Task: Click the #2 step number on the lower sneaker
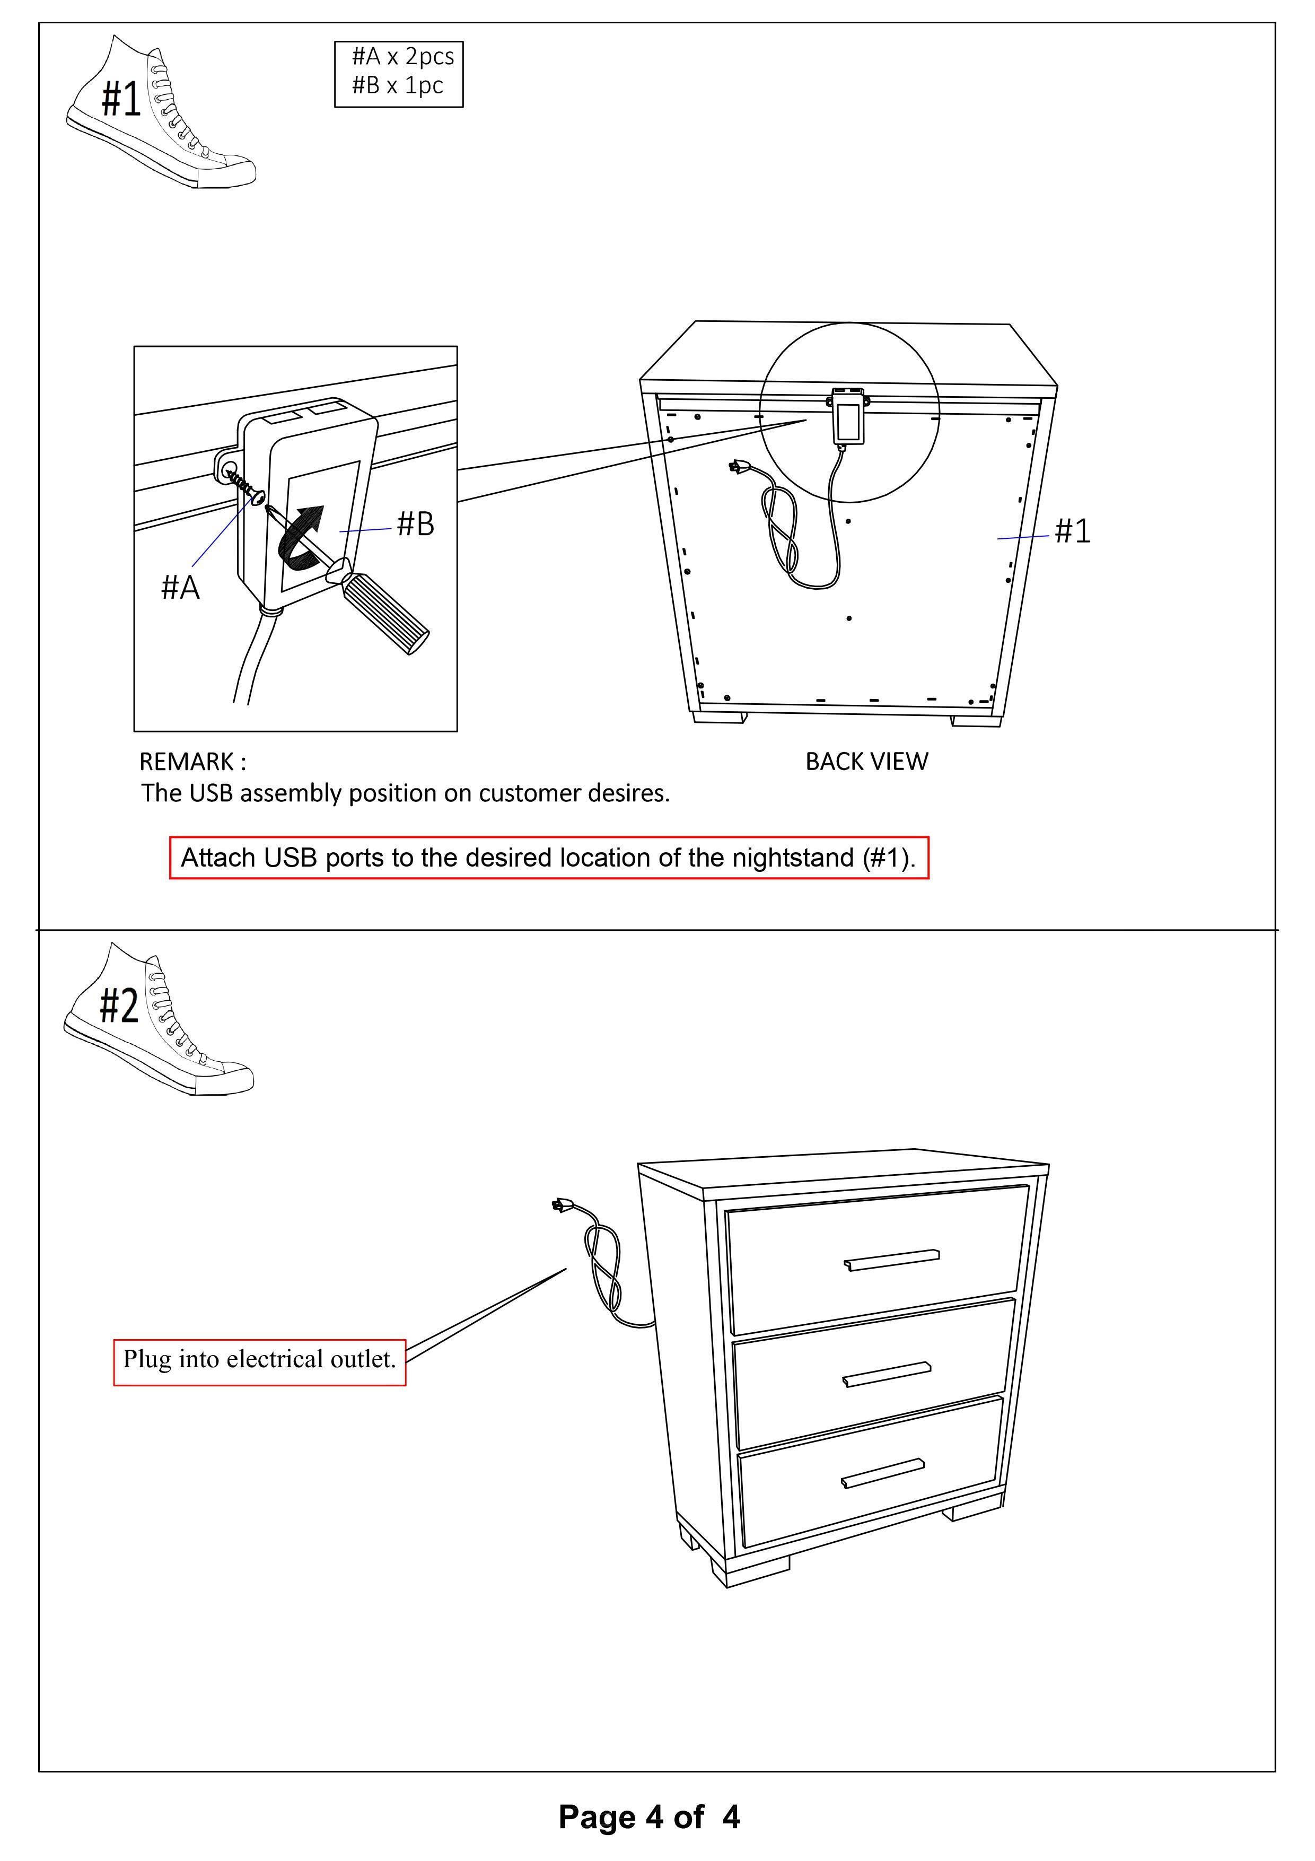(x=119, y=1007)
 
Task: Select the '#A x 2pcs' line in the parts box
(x=402, y=57)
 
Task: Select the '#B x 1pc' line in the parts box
(x=397, y=85)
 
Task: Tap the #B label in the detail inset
(x=415, y=525)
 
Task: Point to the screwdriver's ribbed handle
(x=387, y=613)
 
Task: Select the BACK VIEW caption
(x=866, y=762)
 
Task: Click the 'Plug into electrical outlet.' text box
(x=259, y=1359)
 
